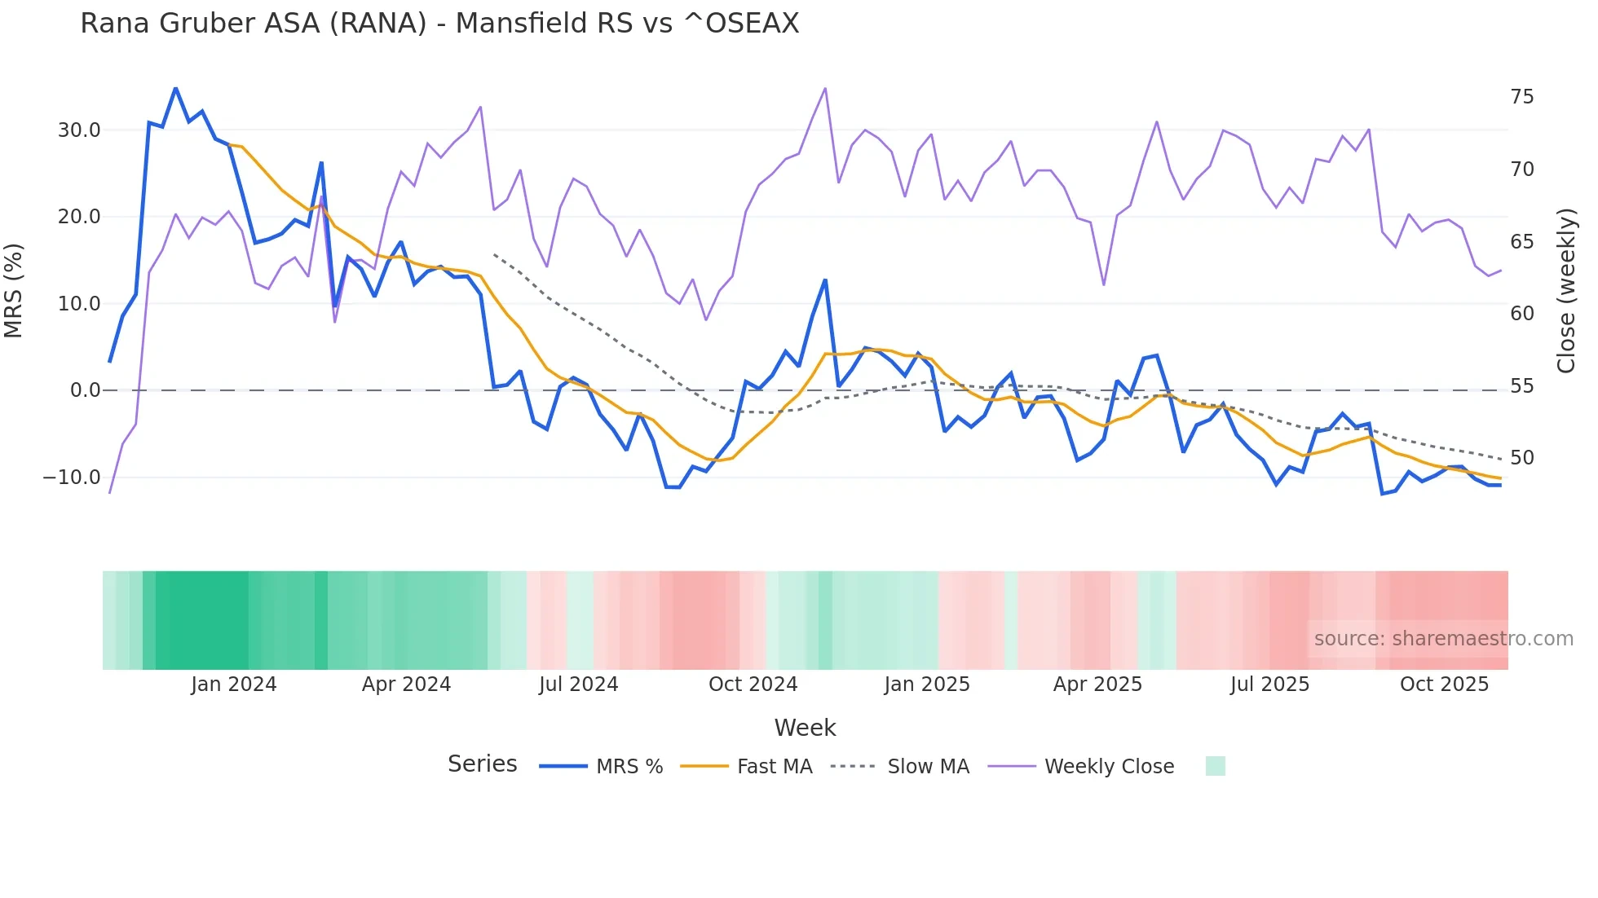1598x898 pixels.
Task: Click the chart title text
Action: [439, 24]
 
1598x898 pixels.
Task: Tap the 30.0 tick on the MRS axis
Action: [79, 130]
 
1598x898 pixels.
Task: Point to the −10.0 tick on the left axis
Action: [72, 478]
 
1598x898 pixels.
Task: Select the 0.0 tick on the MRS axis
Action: [85, 390]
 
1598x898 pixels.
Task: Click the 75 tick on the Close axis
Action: [1521, 97]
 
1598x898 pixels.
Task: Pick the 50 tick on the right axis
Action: [1521, 458]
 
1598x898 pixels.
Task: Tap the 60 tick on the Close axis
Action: [1521, 314]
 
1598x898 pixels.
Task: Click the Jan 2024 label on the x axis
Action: [234, 685]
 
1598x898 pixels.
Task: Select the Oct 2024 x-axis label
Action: [753, 685]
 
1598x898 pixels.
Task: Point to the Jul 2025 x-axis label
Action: [1269, 685]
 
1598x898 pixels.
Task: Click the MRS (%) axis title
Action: [14, 290]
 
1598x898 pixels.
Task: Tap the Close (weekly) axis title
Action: [1565, 290]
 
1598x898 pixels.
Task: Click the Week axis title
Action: [805, 728]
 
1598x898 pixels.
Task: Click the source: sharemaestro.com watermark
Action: [1443, 639]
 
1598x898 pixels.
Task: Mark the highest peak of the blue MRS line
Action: [175, 88]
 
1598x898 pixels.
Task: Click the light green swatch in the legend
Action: [1215, 766]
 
